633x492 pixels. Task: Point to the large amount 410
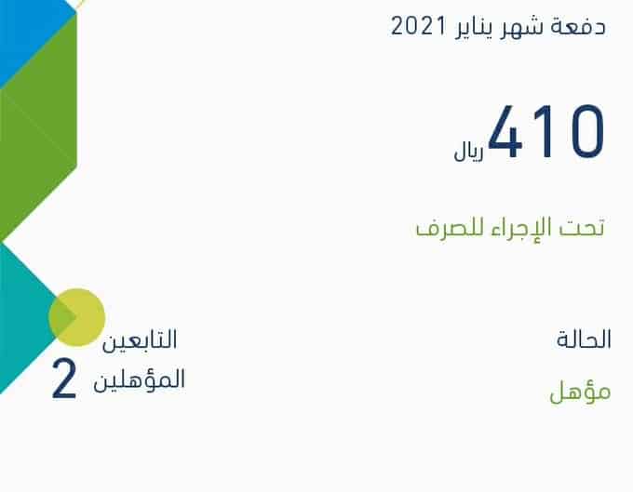546,131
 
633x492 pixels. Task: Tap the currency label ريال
468,153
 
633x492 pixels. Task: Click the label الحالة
584,339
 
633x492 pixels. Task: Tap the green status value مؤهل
580,392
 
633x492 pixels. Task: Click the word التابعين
140,340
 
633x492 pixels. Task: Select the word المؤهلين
140,379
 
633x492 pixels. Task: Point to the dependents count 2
64,379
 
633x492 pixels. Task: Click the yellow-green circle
76,317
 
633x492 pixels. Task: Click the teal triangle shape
28,319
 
